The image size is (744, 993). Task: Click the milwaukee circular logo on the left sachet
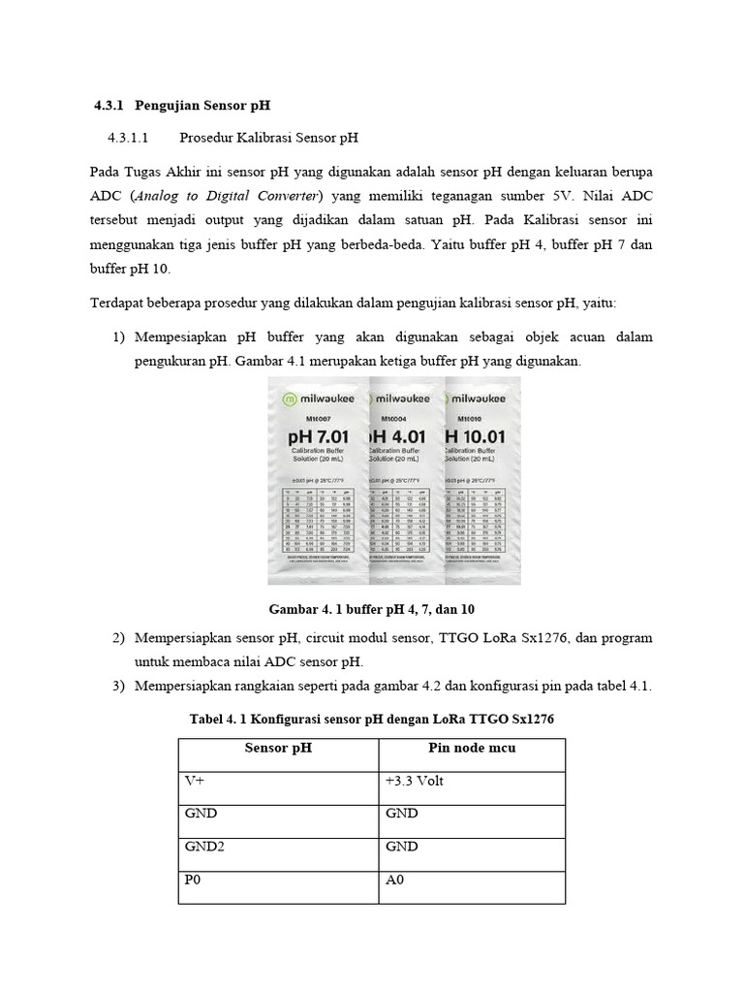(x=288, y=399)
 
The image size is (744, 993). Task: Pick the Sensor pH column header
(x=278, y=748)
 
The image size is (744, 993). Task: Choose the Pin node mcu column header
(x=472, y=748)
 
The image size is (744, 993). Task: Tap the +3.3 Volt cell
(x=415, y=781)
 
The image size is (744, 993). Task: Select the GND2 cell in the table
(x=204, y=847)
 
